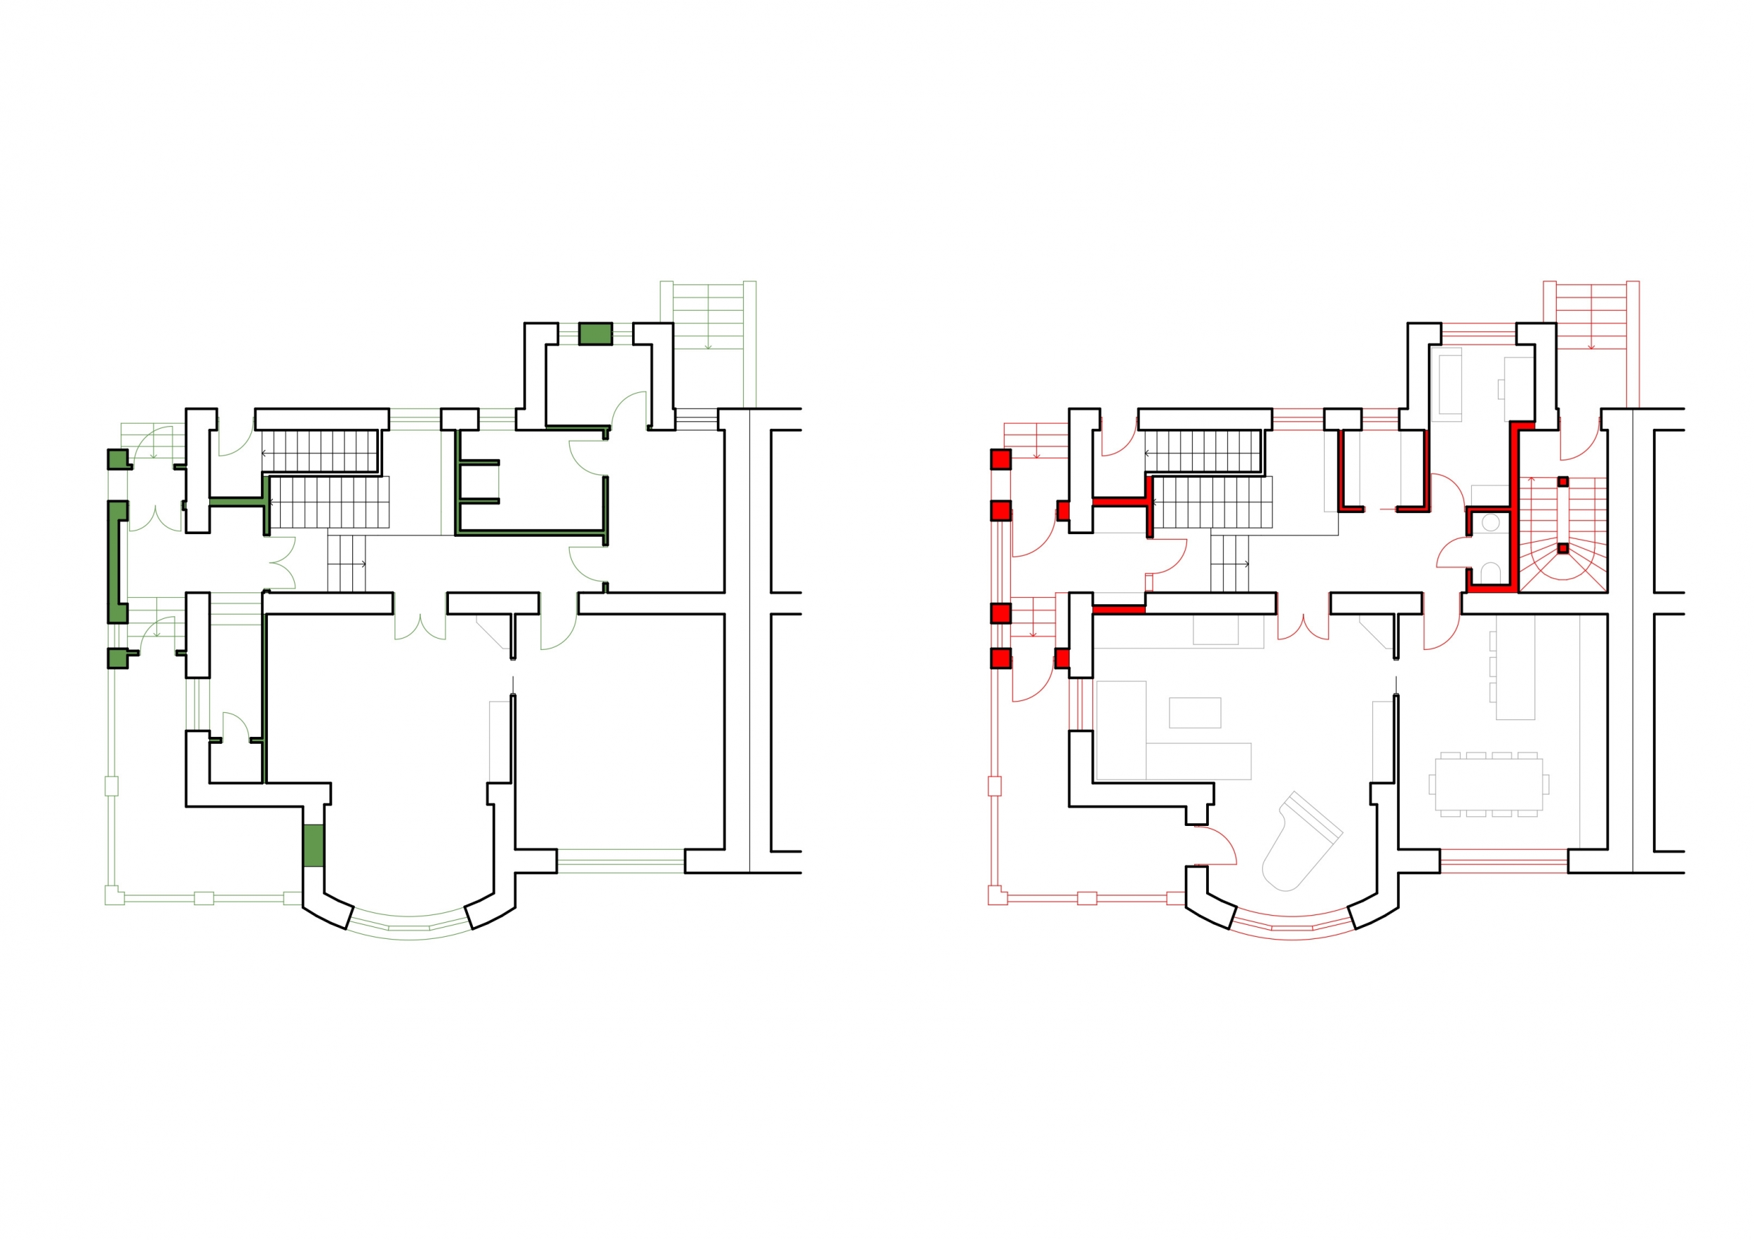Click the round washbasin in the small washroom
1490,523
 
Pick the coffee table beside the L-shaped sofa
1195,712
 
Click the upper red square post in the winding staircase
1563,481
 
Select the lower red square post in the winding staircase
1563,548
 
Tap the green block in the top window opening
595,334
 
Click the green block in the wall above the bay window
313,845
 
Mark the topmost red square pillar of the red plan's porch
1000,459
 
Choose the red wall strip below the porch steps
1118,609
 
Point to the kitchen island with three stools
1514,667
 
